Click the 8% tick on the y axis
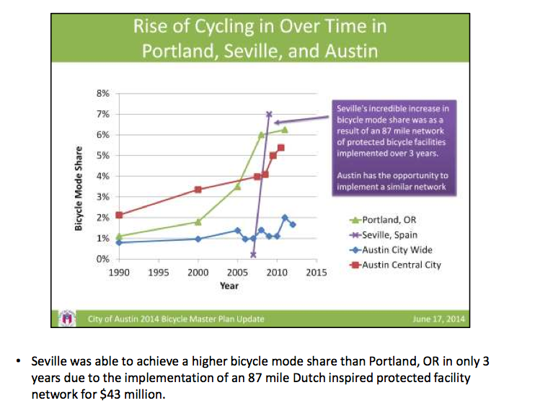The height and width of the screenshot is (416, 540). pos(103,93)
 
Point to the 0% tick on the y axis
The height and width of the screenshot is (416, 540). pos(103,258)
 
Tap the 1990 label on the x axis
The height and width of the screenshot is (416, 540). pos(119,273)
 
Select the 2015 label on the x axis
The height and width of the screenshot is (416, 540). pos(317,273)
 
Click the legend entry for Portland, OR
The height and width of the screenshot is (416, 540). pos(389,220)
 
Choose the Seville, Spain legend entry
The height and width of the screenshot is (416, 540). pos(389,234)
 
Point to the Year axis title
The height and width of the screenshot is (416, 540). pos(229,286)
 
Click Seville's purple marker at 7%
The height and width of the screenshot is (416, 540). pos(269,114)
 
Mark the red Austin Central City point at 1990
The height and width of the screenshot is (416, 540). pos(119,215)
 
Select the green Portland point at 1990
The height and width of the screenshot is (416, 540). pos(119,236)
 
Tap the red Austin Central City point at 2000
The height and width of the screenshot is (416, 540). pos(198,190)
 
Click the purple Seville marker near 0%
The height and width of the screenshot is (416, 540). pos(253,255)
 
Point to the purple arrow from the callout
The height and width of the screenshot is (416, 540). pos(303,120)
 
